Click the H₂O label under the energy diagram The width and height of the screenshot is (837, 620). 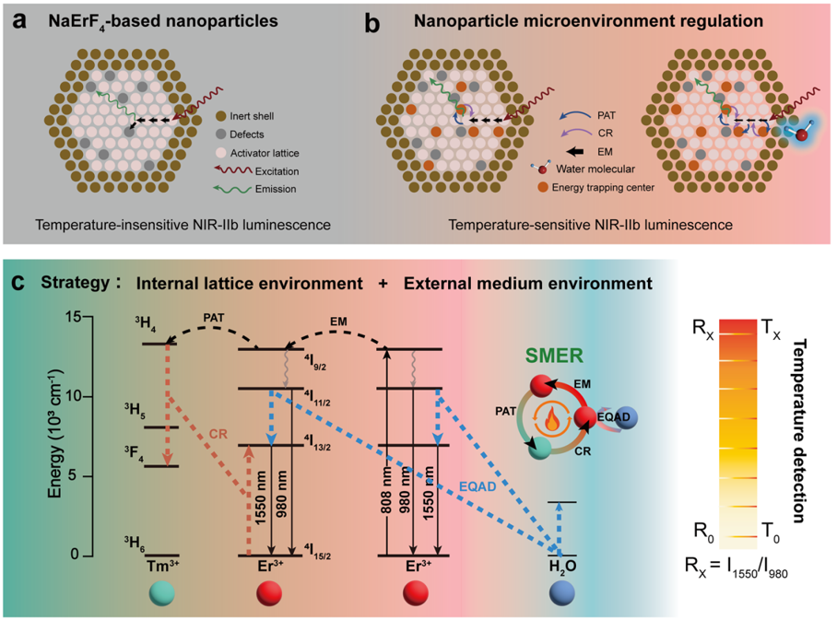click(x=561, y=564)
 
